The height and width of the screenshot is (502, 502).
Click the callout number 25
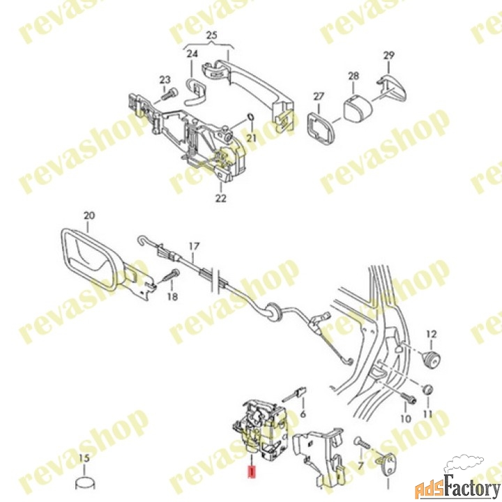coord(212,36)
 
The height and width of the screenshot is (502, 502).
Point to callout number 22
coord(220,198)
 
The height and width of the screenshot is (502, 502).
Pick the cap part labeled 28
coord(357,106)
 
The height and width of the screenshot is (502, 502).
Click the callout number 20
coord(89,215)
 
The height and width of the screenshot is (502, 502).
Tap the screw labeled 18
coord(171,275)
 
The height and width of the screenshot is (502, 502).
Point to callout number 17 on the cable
coord(194,247)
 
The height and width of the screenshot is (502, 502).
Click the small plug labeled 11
coord(427,390)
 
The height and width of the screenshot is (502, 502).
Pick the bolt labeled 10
coord(408,398)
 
